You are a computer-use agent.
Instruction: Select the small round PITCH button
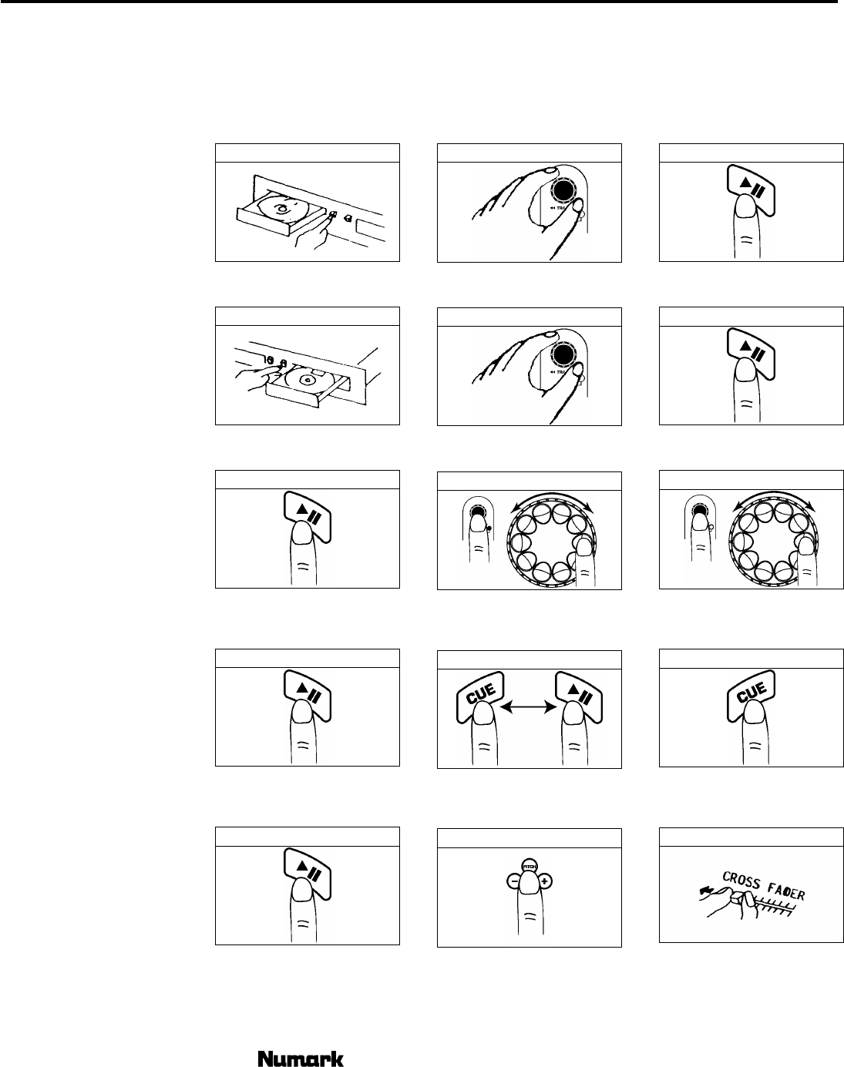pyautogui.click(x=529, y=866)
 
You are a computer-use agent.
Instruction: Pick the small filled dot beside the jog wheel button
pyautogui.click(x=489, y=528)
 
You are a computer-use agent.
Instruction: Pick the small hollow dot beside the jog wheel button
pyautogui.click(x=711, y=528)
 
